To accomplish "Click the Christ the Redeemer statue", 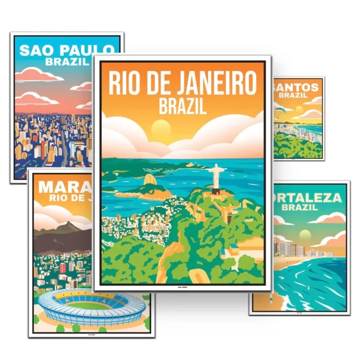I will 216,177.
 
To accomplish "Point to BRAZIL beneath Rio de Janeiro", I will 183,106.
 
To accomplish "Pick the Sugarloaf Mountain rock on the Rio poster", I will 150,181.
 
